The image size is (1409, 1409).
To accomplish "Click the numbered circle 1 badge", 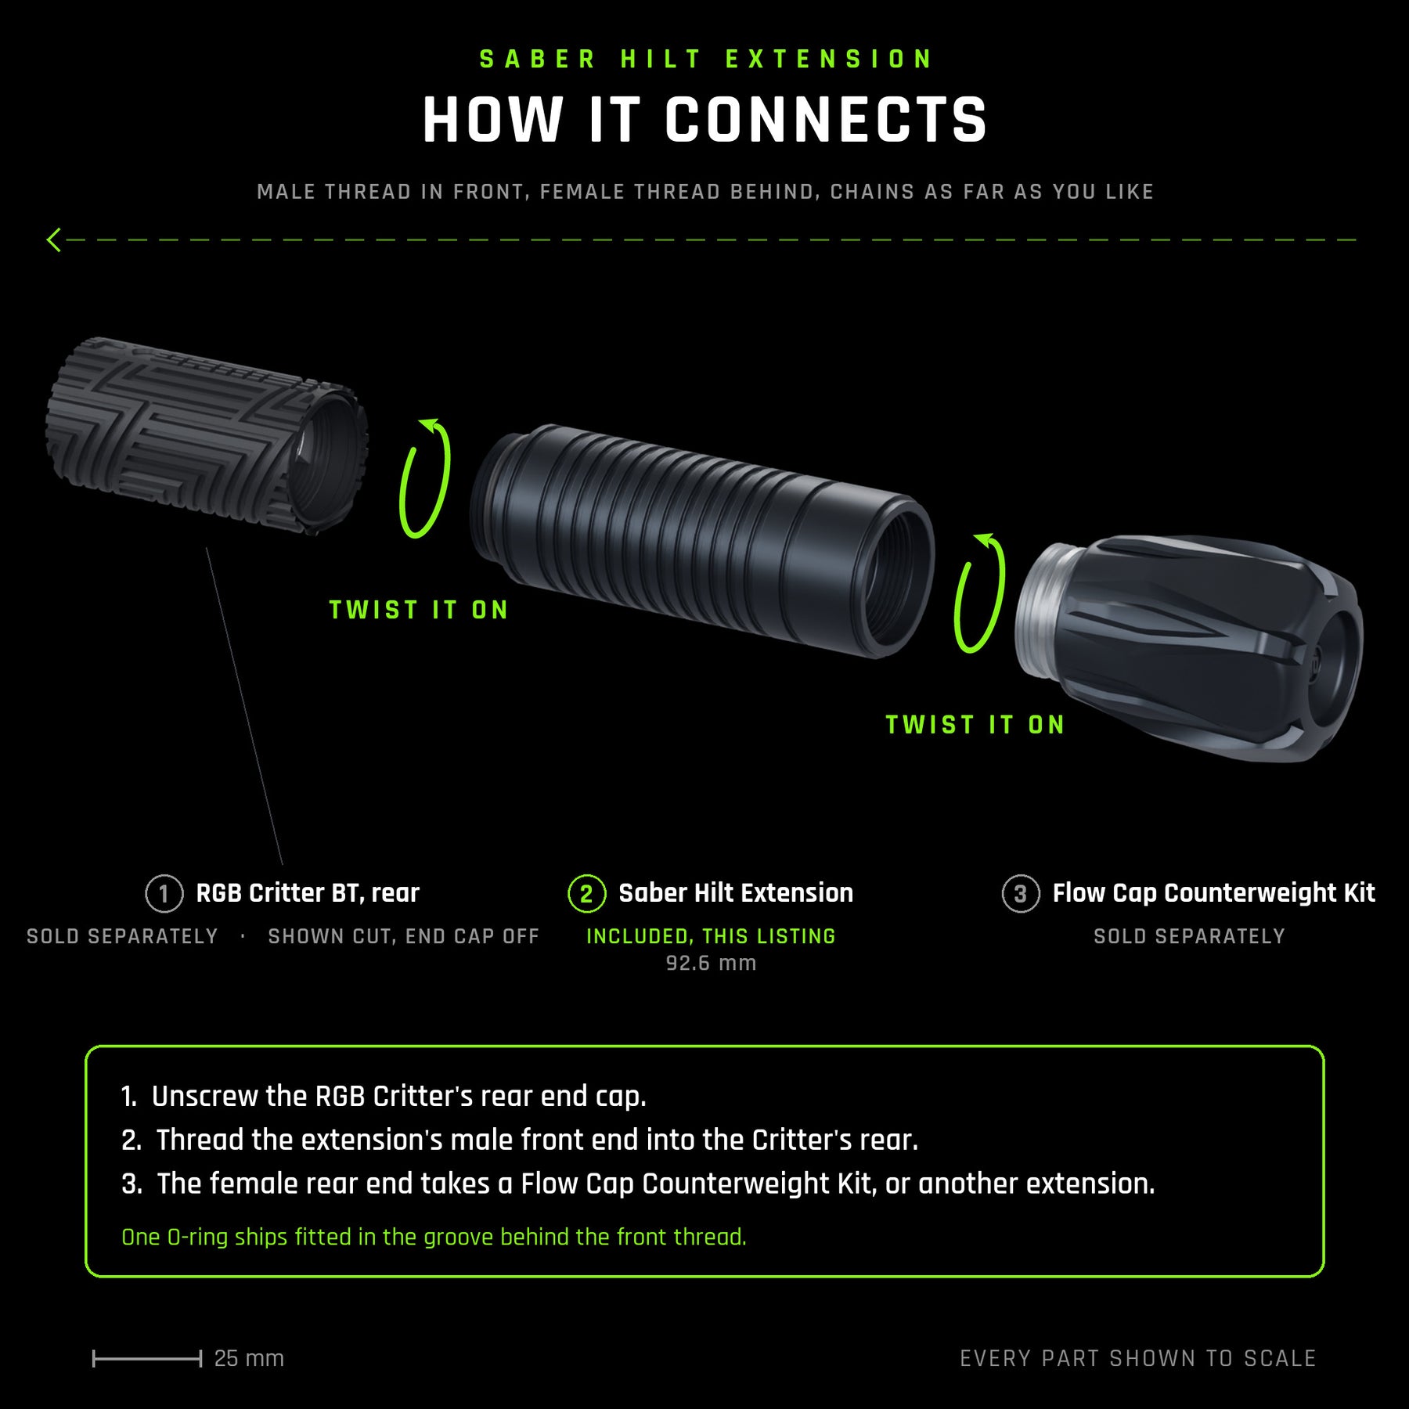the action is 164,893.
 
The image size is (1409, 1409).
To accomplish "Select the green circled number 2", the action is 586,893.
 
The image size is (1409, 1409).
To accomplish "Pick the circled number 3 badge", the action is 1021,893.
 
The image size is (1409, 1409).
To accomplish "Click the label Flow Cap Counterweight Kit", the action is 1213,892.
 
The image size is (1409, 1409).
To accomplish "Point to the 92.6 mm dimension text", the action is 711,963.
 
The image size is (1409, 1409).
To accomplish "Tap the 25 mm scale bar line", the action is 147,1359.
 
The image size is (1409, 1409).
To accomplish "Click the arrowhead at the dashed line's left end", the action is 53,240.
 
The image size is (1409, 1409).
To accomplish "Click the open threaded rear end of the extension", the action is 896,577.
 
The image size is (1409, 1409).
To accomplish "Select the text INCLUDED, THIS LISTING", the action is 711,936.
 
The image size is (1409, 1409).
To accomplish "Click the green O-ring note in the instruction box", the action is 434,1237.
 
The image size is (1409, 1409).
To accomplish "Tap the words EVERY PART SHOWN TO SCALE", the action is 1138,1358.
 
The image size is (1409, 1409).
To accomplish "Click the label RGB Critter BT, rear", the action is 308,892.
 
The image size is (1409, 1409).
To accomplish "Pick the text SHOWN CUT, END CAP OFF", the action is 404,936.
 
